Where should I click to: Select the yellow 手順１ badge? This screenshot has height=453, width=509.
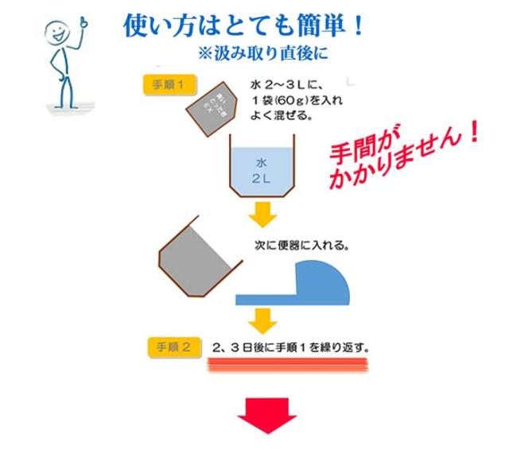168,85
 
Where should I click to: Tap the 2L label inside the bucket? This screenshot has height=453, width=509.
262,178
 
